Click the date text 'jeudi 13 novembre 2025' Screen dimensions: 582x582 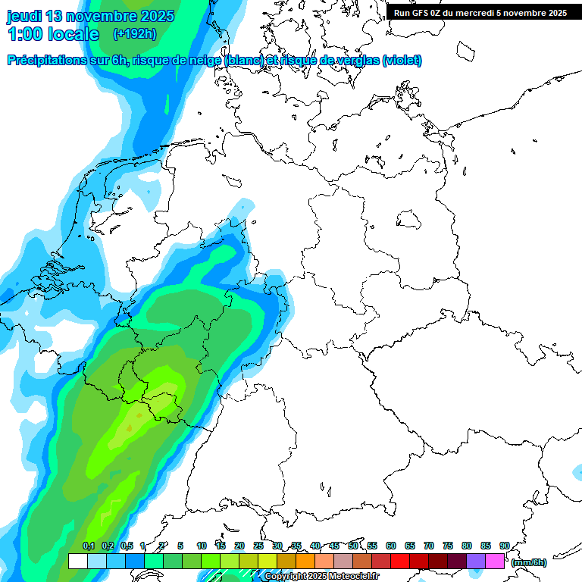coord(90,16)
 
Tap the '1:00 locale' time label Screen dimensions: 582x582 coord(53,34)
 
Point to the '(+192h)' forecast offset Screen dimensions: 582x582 coord(134,34)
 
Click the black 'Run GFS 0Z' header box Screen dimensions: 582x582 coord(480,12)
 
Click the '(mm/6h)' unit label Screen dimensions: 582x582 coord(528,562)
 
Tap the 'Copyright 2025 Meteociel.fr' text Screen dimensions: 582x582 coord(321,577)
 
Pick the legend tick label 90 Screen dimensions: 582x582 coord(504,546)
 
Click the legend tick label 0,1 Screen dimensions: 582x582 coord(89,546)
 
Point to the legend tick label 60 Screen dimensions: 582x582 coord(391,546)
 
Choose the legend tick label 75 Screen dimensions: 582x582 coord(448,546)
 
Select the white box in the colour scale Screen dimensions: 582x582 coord(77,561)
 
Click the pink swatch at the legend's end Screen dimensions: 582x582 coord(495,561)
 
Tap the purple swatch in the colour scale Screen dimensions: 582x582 coord(476,561)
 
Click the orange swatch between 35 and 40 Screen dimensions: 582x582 coord(305,561)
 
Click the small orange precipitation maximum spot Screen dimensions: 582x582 coord(129,428)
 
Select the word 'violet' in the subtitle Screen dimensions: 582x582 coord(402,61)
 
